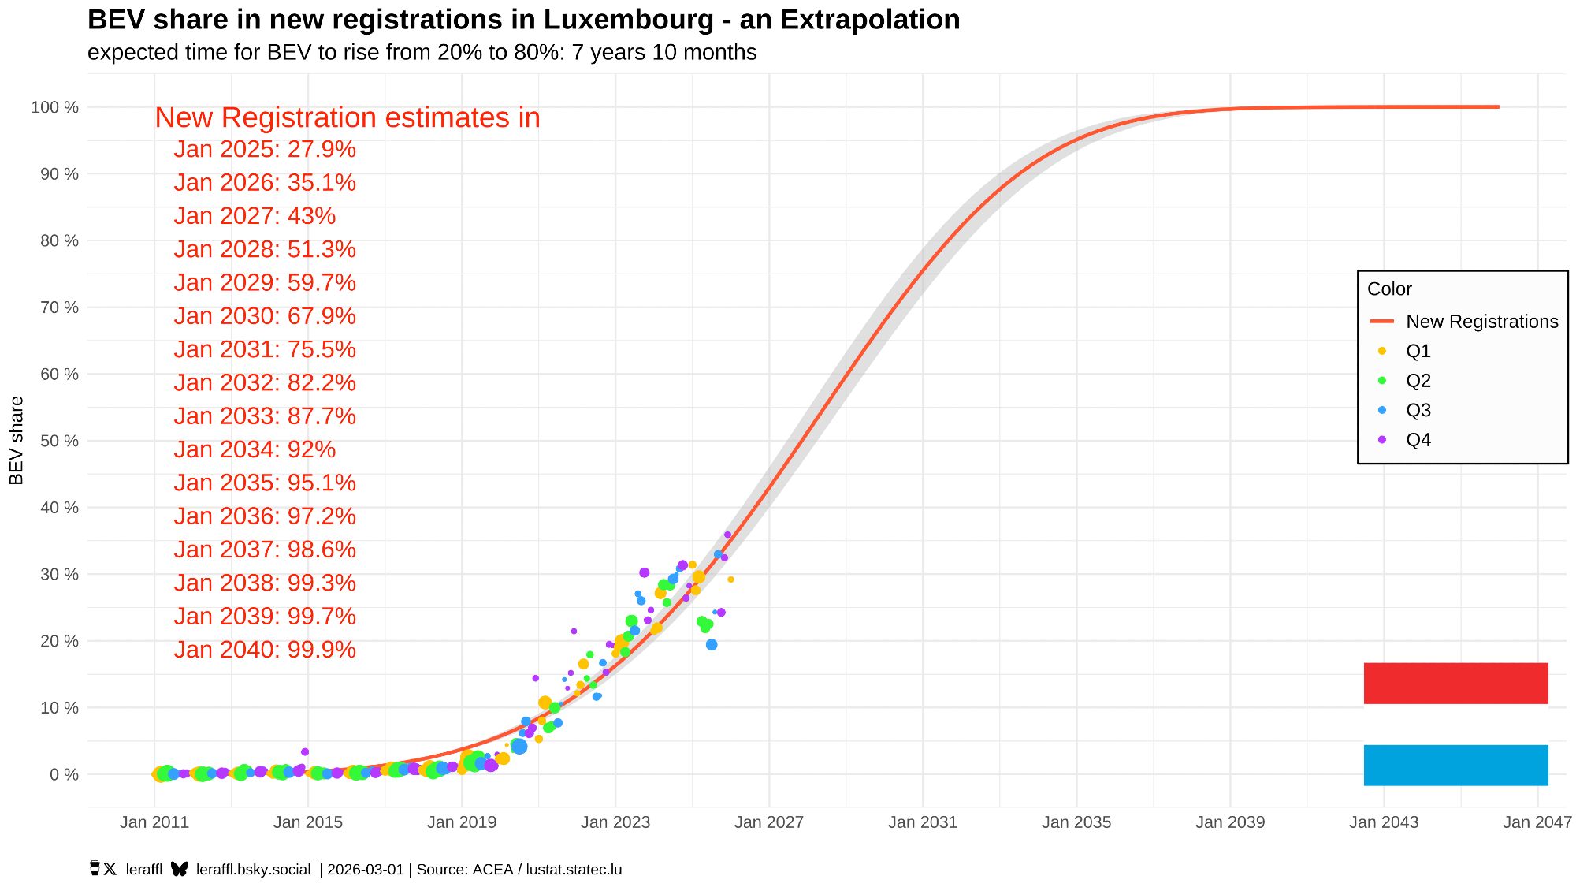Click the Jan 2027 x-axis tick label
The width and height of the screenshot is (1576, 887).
pyautogui.click(x=769, y=822)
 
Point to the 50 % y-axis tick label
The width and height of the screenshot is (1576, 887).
pyautogui.click(x=59, y=441)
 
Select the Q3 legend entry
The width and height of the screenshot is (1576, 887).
pyautogui.click(x=1418, y=410)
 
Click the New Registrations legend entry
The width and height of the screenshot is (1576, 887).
pyautogui.click(x=1481, y=322)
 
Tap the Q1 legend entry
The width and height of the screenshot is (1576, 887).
pyautogui.click(x=1418, y=351)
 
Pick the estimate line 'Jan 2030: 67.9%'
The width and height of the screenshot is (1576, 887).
pyautogui.click(x=265, y=316)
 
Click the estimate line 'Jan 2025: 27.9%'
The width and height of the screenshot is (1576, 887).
pyautogui.click(x=265, y=149)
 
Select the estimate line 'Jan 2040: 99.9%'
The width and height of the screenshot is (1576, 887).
pyautogui.click(x=265, y=650)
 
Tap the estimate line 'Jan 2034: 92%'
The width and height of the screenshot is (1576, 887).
pyautogui.click(x=255, y=449)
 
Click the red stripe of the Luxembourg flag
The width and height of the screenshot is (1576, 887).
pyautogui.click(x=1455, y=683)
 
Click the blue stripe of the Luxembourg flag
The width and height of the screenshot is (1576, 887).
pyautogui.click(x=1455, y=765)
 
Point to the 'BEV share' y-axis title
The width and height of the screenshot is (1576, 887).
pyautogui.click(x=17, y=440)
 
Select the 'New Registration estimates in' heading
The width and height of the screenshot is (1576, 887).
pyautogui.click(x=348, y=117)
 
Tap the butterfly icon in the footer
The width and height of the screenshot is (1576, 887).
pyautogui.click(x=180, y=869)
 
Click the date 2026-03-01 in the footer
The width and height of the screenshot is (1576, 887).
pyautogui.click(x=366, y=870)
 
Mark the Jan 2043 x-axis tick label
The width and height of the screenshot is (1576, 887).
pyautogui.click(x=1384, y=822)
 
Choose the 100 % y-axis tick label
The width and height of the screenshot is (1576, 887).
pyautogui.click(x=55, y=107)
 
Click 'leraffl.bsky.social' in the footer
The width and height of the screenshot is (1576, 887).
pyautogui.click(x=253, y=870)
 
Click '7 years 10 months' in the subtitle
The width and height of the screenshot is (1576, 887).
pyautogui.click(x=664, y=53)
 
